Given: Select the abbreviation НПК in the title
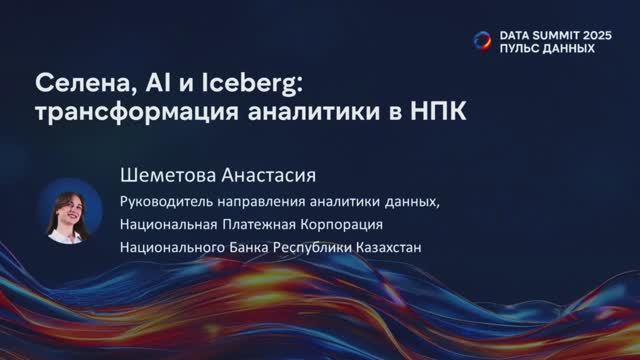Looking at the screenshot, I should tap(442, 108).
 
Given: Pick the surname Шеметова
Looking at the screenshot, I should tap(165, 176).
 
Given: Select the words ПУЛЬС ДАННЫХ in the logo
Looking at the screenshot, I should tap(547, 48).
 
